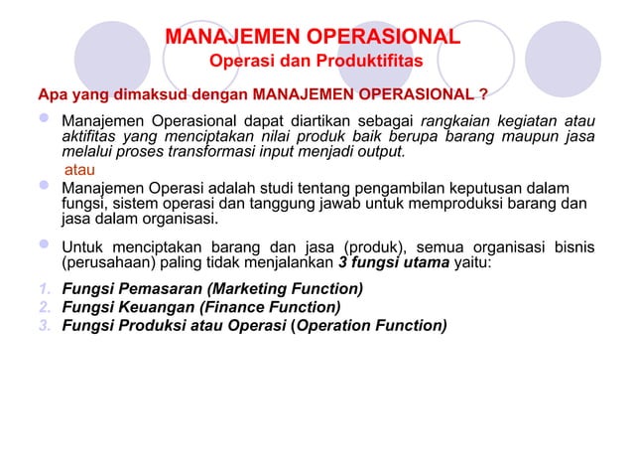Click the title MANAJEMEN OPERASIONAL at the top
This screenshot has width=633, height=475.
(x=313, y=38)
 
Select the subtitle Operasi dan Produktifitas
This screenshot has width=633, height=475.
(x=316, y=64)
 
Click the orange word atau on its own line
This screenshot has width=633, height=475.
(x=80, y=170)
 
